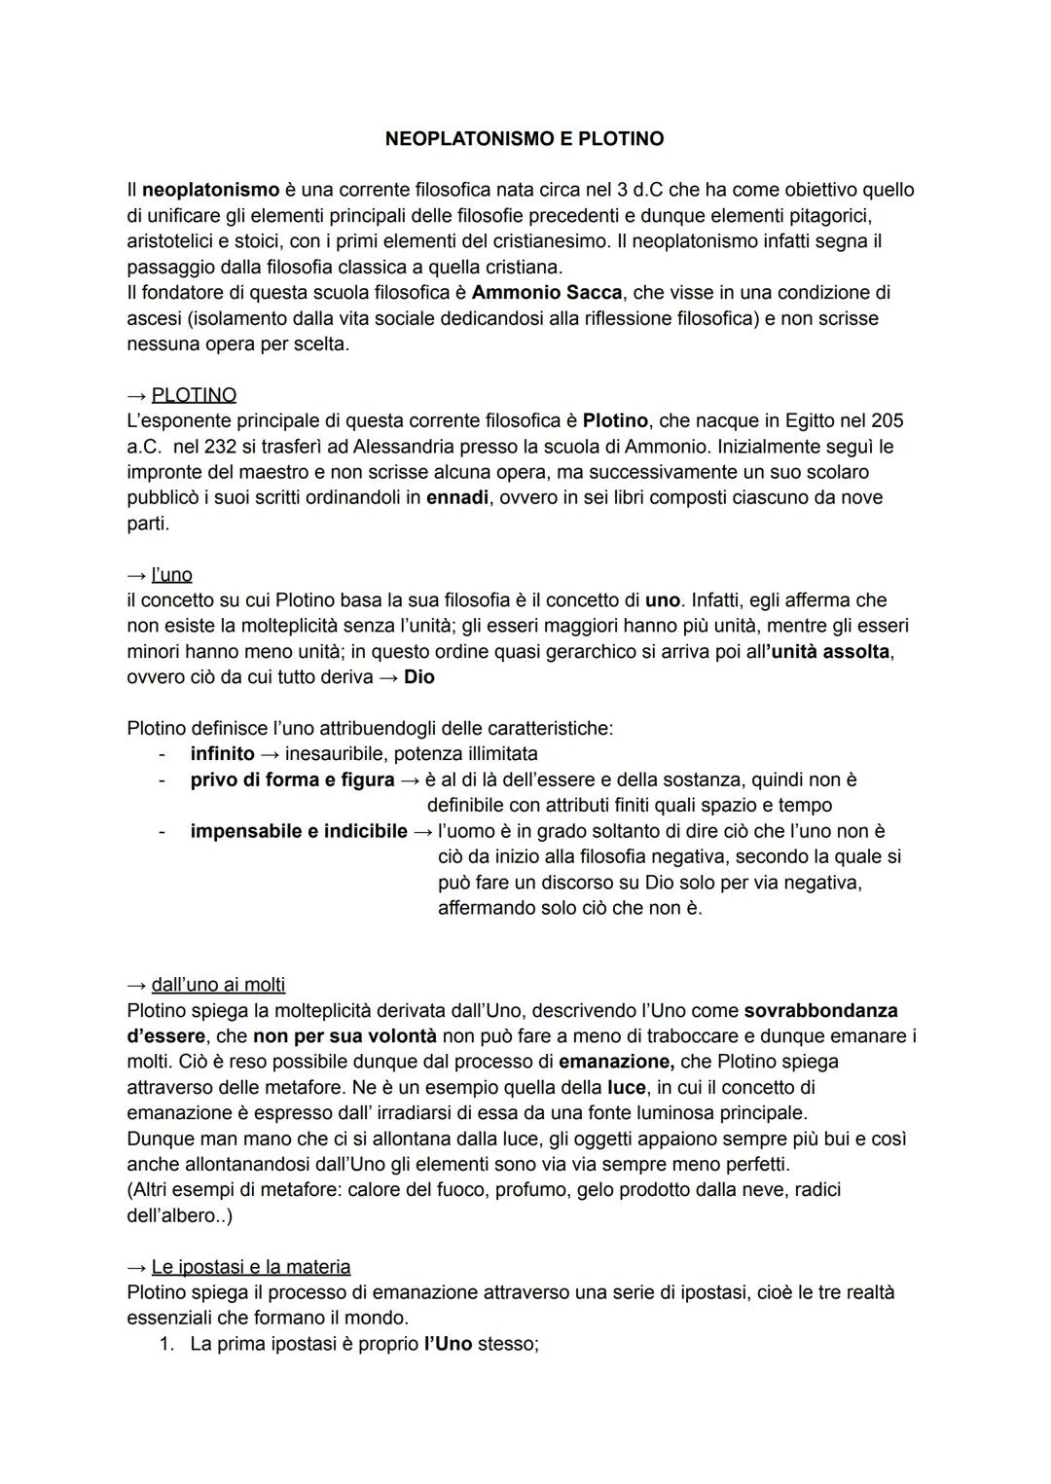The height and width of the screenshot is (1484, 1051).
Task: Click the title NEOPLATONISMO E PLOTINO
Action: pos(525,139)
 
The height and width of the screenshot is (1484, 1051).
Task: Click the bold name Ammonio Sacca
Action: pos(546,293)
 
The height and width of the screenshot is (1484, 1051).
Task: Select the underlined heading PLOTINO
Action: pos(194,395)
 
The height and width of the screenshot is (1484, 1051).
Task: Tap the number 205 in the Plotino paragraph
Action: pos(887,420)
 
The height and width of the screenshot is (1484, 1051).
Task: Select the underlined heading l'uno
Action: pos(172,575)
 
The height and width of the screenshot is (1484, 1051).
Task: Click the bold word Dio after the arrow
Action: pos(419,677)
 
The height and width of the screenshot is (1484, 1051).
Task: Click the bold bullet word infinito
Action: pos(222,754)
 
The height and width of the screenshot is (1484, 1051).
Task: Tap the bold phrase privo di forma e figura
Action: pos(292,779)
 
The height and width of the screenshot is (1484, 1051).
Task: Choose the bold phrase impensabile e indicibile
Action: pos(299,831)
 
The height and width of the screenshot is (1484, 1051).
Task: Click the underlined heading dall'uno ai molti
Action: pos(218,985)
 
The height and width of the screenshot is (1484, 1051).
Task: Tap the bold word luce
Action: pos(626,1087)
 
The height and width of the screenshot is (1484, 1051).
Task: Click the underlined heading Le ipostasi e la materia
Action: pos(251,1267)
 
